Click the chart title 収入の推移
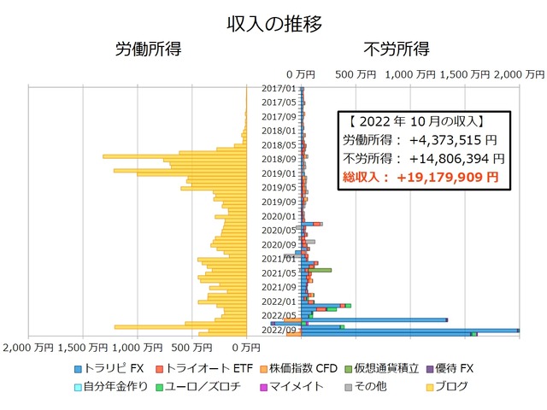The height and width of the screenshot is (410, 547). (273, 23)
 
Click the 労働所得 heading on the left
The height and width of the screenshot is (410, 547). (148, 49)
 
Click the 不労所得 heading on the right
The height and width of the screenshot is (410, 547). (396, 49)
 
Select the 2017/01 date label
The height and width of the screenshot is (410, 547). (279, 88)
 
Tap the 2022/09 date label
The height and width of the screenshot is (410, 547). (279, 330)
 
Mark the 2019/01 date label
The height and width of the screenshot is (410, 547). (279, 173)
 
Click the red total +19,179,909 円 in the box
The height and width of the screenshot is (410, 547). (452, 178)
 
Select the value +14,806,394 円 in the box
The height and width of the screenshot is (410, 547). (456, 158)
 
